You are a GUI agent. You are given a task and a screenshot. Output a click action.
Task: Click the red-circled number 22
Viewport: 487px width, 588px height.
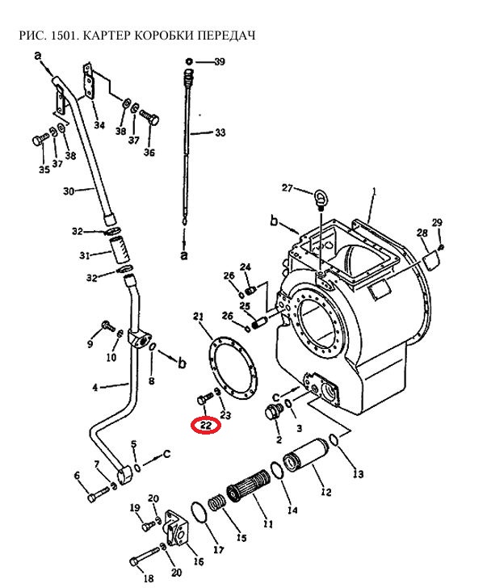pos(206,425)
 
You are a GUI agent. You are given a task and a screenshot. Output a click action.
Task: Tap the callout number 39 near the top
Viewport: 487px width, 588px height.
pos(220,61)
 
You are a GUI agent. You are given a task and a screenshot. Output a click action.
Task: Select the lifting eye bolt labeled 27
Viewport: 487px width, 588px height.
pos(320,199)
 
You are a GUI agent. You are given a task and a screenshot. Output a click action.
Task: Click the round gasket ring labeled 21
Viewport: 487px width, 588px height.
pos(233,366)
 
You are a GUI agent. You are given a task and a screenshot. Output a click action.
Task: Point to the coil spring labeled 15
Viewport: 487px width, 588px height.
pos(216,502)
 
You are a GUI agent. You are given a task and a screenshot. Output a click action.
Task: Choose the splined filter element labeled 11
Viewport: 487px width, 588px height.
pos(249,486)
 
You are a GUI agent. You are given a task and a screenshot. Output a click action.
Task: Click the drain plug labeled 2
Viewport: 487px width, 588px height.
pos(273,413)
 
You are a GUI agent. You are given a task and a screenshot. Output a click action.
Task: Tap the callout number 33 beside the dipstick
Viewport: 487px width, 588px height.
pos(220,132)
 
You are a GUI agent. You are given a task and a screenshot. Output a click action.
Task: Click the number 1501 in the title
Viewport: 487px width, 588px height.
pos(64,36)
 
